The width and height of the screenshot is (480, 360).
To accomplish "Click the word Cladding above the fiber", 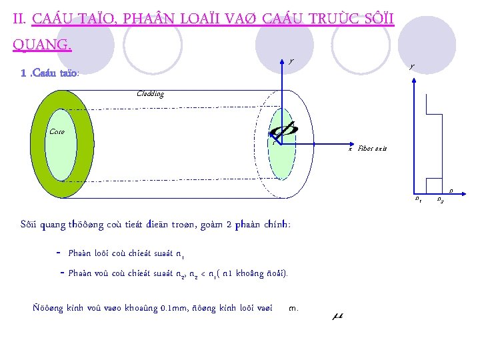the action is [x=150, y=94].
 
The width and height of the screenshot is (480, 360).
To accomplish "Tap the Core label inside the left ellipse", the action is [x=57, y=131].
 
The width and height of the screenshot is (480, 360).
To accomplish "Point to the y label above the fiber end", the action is [x=290, y=61].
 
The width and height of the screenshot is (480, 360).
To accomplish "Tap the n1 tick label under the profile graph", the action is [x=417, y=198].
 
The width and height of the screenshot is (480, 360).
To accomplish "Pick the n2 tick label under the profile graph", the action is [x=440, y=199].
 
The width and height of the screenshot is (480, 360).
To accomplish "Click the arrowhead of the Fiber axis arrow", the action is [x=349, y=143].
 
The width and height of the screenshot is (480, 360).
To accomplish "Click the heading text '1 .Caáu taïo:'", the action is [x=50, y=73].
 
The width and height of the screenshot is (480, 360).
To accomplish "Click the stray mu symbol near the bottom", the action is [x=337, y=315].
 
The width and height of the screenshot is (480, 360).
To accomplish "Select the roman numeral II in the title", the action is [x=19, y=20].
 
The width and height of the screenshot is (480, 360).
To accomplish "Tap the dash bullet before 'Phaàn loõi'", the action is [x=60, y=253].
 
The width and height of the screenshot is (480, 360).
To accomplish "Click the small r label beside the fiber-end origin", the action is [x=273, y=141].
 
